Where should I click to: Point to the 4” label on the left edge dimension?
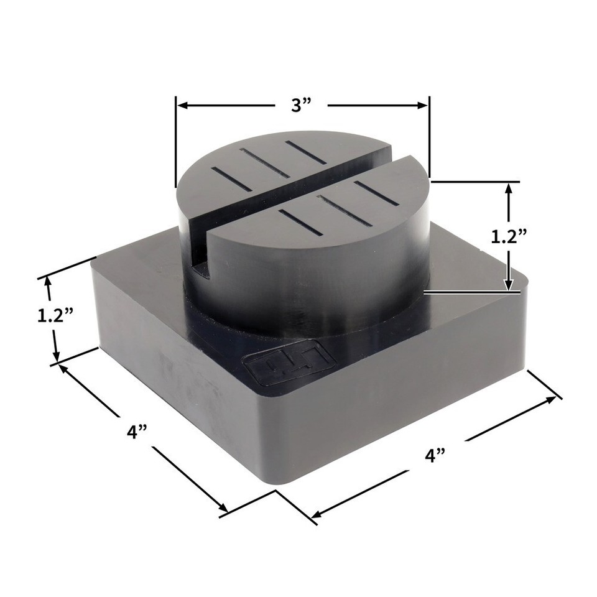coord(135,431)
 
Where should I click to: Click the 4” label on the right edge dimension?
coord(435,455)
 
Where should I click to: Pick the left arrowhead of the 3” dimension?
coord(182,106)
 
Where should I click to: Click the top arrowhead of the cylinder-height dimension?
coord(509,188)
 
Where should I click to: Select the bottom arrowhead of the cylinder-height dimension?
coord(509,284)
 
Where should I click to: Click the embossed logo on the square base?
coord(289,367)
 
